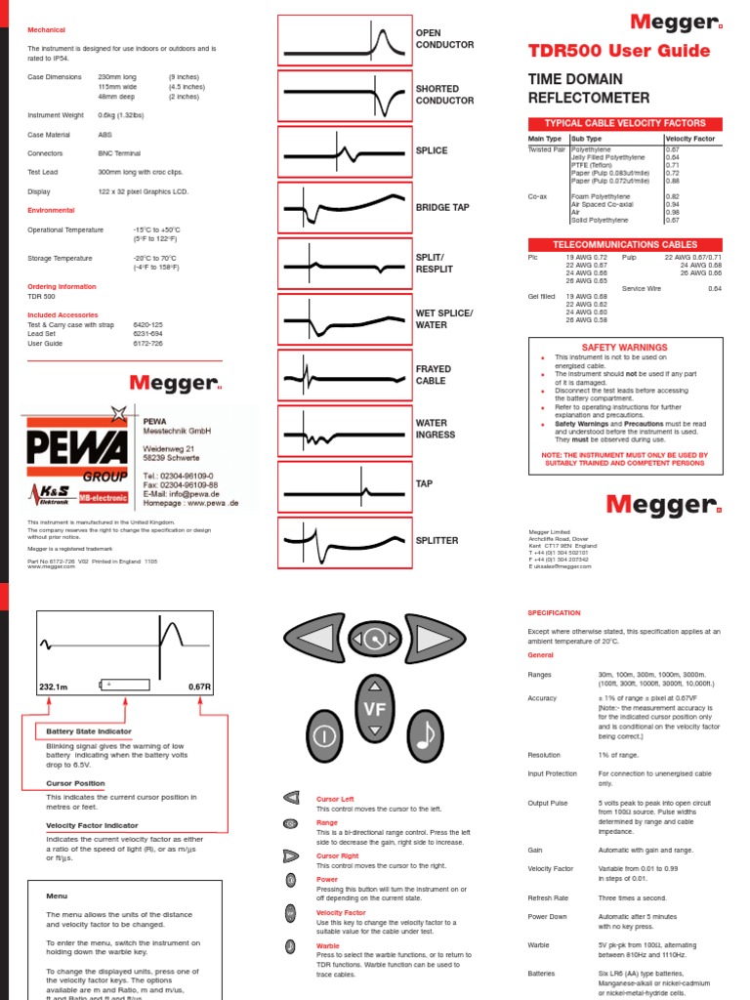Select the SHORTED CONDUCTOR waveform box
click(345, 95)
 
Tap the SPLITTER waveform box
click(345, 540)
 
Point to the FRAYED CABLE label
click(434, 375)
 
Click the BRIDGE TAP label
click(442, 207)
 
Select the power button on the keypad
click(325, 731)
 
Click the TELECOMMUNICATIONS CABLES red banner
click(625, 244)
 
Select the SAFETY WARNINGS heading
click(625, 347)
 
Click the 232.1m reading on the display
click(54, 687)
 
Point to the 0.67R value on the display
click(199, 687)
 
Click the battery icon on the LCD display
click(124, 687)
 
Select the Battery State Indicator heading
click(89, 731)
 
